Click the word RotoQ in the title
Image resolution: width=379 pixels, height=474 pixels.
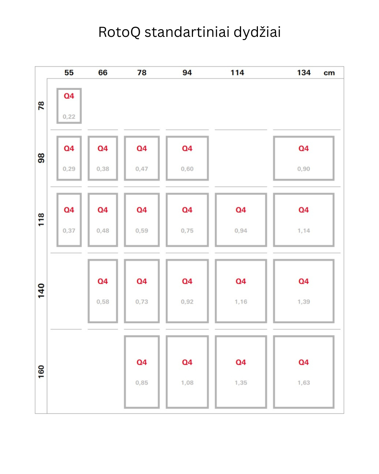click(x=119, y=32)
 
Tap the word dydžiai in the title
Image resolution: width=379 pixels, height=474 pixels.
click(x=257, y=32)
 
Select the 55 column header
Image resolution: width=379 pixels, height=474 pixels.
click(x=69, y=73)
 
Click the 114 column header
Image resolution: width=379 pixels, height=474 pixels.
click(x=237, y=73)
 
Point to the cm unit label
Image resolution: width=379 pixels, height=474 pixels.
click(x=329, y=73)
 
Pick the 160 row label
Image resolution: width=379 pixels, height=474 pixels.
click(x=41, y=372)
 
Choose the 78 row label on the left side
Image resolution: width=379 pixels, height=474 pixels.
click(x=41, y=106)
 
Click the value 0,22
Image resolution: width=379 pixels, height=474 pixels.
click(x=69, y=117)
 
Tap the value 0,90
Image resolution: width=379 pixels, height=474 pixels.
click(x=304, y=169)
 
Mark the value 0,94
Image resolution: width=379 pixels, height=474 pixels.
click(x=241, y=231)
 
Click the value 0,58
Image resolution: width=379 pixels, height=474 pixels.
click(x=102, y=302)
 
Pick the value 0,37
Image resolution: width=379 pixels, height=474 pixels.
click(x=69, y=231)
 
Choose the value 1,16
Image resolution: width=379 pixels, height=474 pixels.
click(x=241, y=302)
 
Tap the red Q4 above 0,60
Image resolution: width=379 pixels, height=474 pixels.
click(x=187, y=149)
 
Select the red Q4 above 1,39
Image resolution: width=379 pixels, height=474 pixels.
click(x=304, y=281)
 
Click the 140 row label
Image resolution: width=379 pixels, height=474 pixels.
click(x=41, y=291)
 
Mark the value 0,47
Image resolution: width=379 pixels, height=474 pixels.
click(x=142, y=169)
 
